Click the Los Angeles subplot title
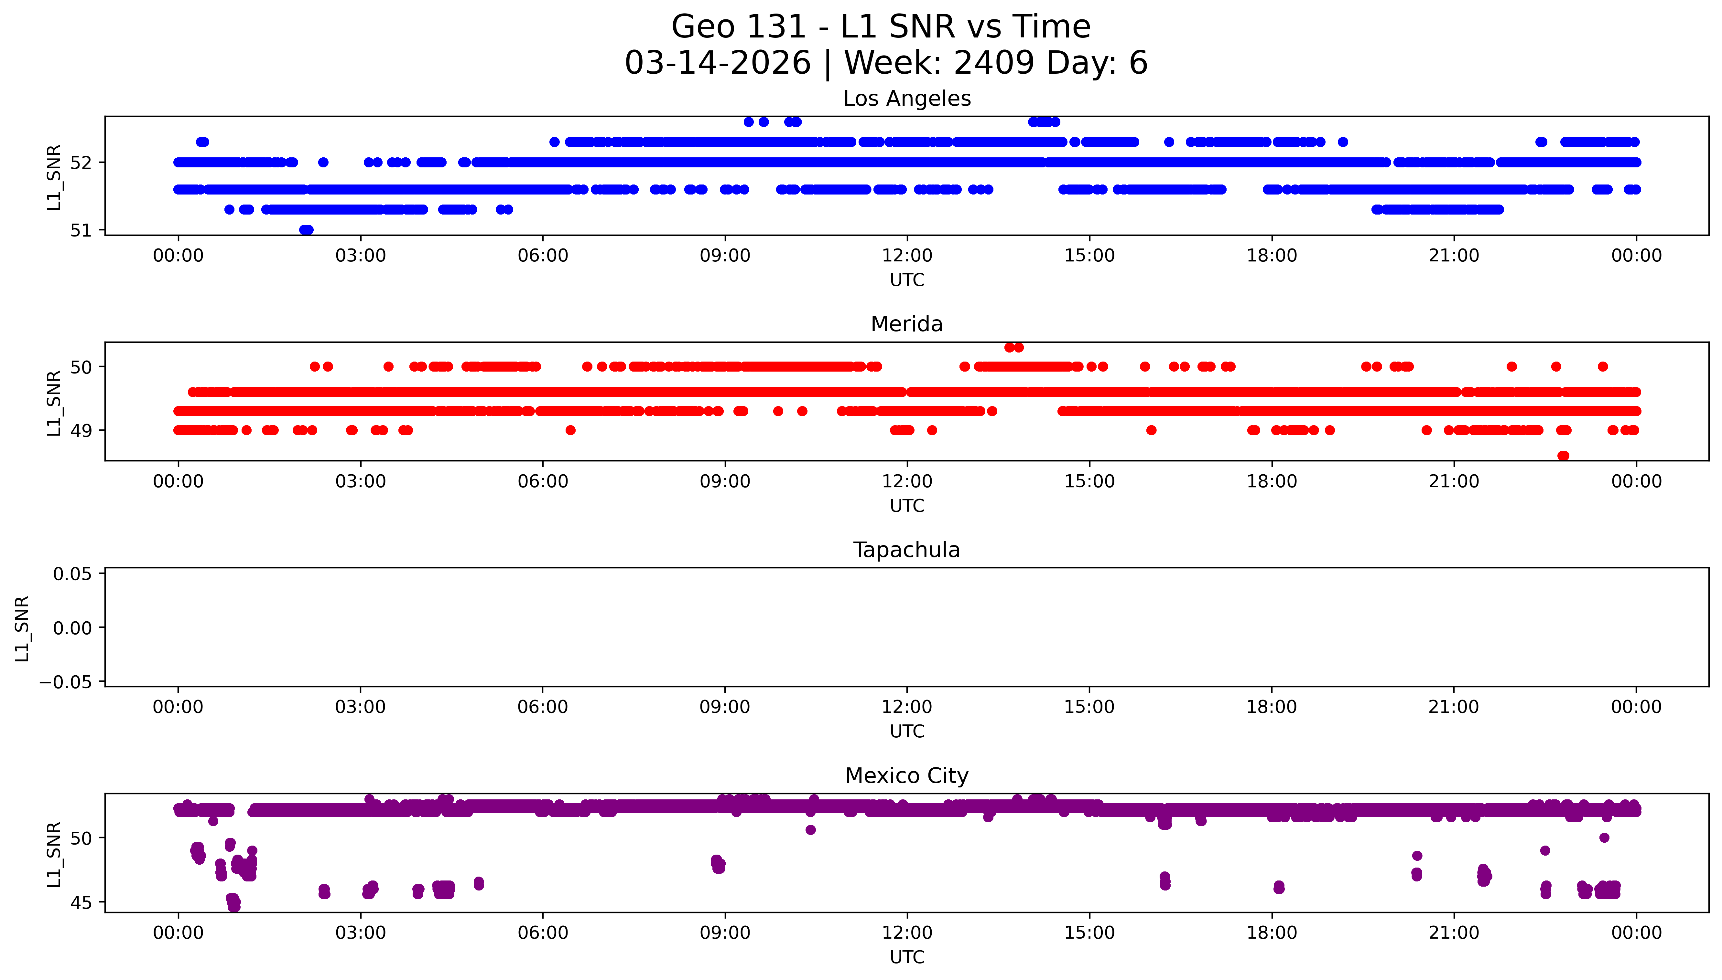(x=906, y=99)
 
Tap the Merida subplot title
(x=906, y=324)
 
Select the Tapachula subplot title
(x=906, y=550)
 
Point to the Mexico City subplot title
(x=906, y=776)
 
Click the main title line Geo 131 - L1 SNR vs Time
(x=881, y=27)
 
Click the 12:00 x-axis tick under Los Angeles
(x=907, y=256)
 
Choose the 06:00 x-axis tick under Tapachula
(x=543, y=707)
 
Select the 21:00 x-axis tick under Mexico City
(x=1454, y=933)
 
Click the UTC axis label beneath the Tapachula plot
(x=906, y=732)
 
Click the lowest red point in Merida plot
(x=1563, y=456)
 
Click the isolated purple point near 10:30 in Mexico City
(x=810, y=830)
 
